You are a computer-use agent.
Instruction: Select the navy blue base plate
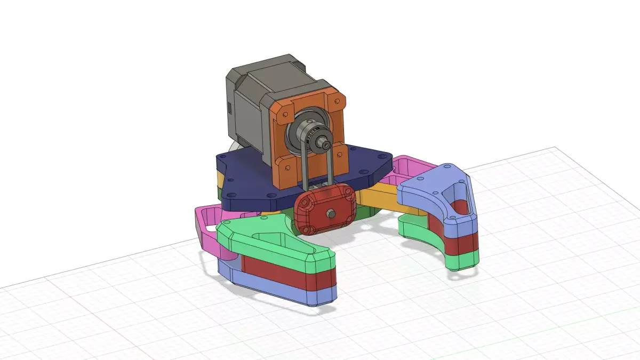pyautogui.click(x=245, y=181)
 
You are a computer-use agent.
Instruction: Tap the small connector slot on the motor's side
pyautogui.click(x=229, y=109)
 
